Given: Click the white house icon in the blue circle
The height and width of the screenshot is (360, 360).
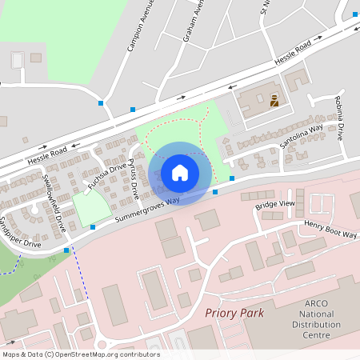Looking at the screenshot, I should [180, 173].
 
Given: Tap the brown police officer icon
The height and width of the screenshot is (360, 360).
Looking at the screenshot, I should [274, 102].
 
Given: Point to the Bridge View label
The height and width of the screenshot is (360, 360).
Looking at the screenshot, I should [276, 206].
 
